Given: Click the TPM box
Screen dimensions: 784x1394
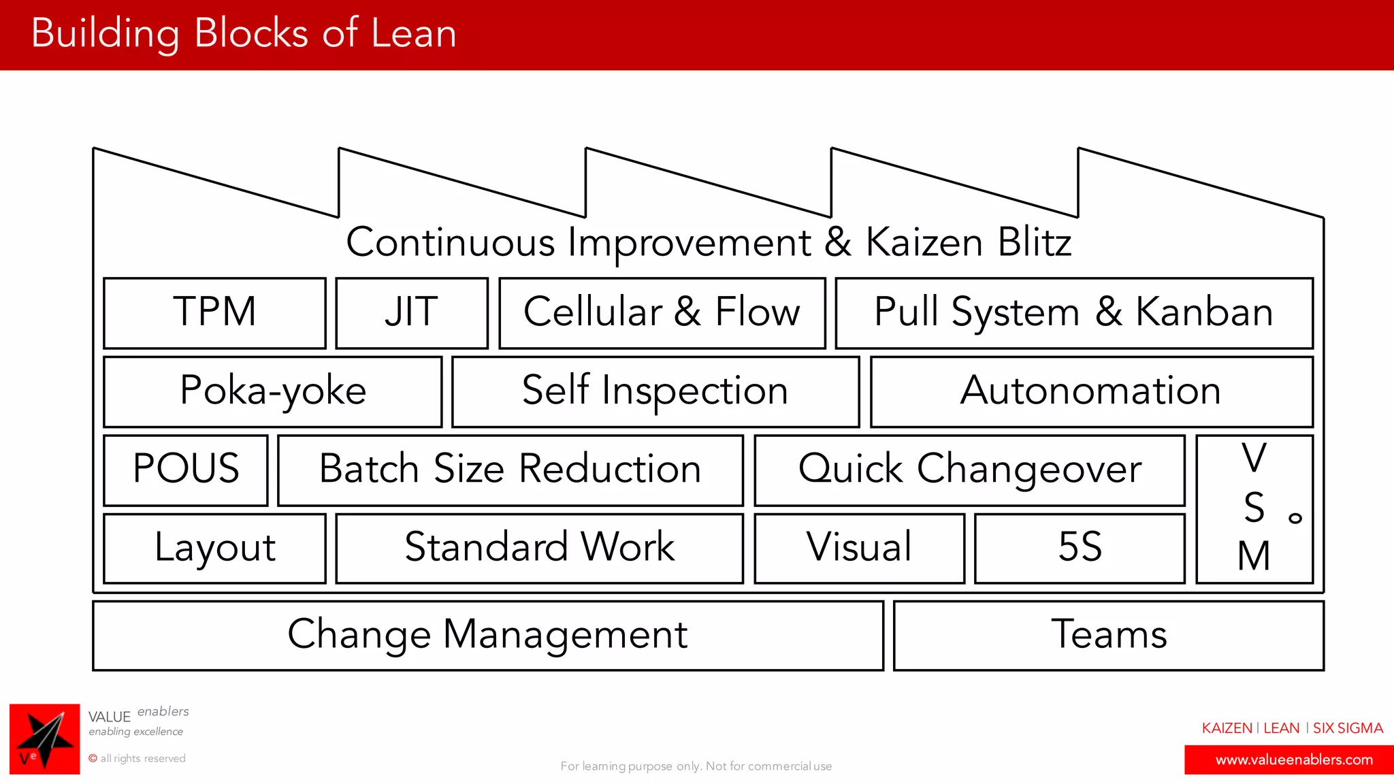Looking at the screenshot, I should coord(214,313).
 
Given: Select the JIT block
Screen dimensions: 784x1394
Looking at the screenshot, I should coord(412,313).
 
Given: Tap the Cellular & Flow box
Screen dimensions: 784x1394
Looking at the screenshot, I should coord(662,313).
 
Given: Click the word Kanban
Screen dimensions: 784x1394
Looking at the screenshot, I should coord(1203,312).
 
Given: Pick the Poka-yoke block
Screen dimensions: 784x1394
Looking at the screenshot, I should coord(272,391).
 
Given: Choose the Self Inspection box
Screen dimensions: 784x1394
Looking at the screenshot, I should coord(655,391).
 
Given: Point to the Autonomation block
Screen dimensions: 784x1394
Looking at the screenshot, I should coord(1091,391).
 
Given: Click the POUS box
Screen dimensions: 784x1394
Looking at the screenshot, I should coord(186,470).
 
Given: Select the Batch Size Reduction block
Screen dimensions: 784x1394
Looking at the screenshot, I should coord(510,470).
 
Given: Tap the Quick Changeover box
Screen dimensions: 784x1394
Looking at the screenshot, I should coord(969,470).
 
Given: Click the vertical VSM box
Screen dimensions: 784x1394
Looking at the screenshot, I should coord(1254,508).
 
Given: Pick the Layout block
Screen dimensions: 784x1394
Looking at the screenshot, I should coord(214,548).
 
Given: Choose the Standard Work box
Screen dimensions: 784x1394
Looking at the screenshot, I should coord(539,548).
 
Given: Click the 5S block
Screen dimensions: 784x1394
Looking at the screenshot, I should coord(1080,548).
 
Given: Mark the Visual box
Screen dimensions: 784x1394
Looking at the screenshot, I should coord(859,548).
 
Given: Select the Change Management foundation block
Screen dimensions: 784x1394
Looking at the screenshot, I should coord(487,635).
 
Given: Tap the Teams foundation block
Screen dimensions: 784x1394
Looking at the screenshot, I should coord(1108,635).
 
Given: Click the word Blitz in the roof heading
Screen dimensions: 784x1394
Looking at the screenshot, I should coord(1035,242).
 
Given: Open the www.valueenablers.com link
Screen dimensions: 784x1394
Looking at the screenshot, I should coord(1293,759).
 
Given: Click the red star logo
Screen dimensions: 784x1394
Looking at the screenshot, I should coord(44,738).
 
